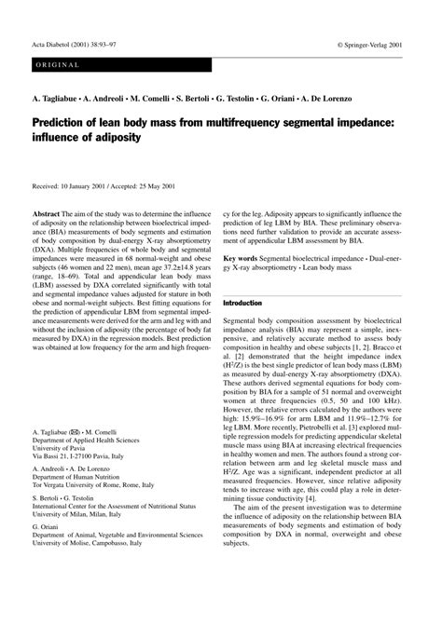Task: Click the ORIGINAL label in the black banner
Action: (x=59, y=65)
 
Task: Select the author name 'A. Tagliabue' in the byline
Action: (x=58, y=97)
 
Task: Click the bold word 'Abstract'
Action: (x=47, y=214)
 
